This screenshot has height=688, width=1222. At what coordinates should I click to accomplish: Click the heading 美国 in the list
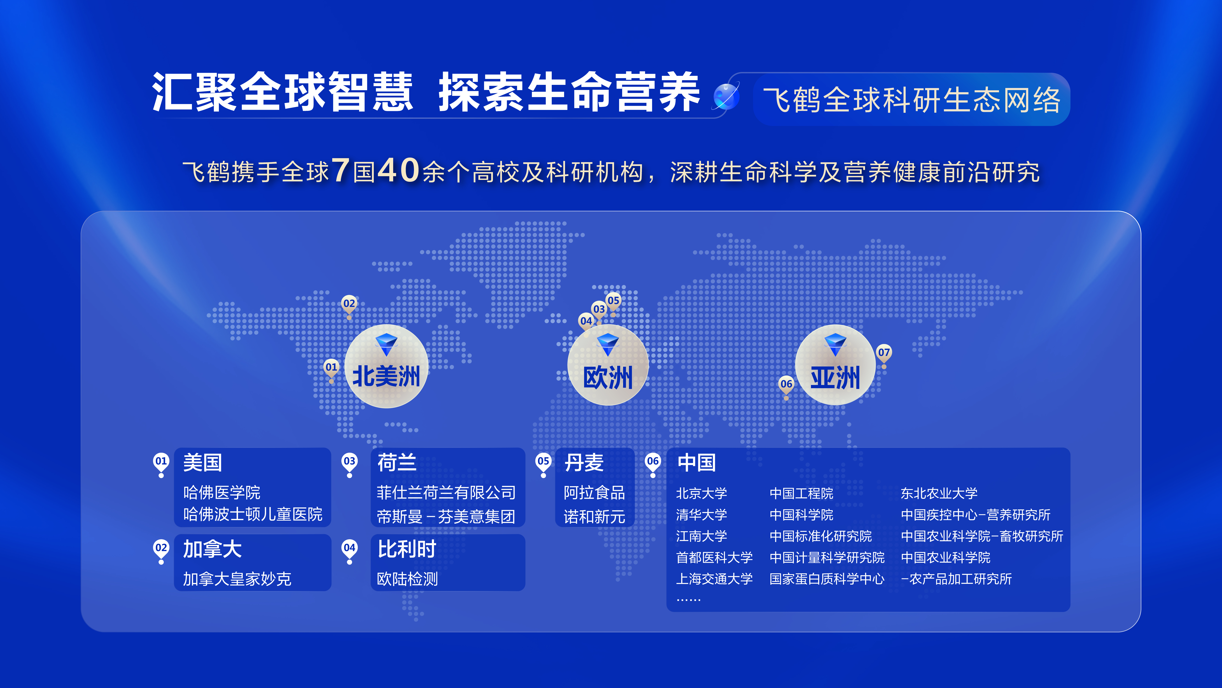(203, 462)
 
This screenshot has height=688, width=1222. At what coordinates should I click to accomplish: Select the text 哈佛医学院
(221, 492)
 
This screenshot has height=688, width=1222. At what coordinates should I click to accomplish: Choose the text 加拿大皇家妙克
(237, 579)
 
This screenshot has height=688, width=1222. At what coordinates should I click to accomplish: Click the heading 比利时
(406, 549)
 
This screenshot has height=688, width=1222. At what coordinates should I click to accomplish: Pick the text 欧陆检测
(407, 579)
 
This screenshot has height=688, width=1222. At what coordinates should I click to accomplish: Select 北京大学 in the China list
(701, 493)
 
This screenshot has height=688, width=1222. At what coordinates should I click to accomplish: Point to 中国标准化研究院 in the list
(820, 536)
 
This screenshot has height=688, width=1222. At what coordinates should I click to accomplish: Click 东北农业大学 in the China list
(939, 493)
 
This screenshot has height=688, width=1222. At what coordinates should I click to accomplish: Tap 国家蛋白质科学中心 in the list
(826, 579)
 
